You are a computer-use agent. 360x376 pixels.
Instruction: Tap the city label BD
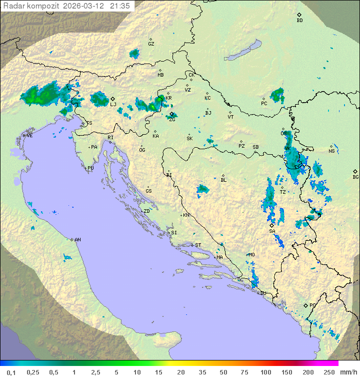pyautogui.click(x=299, y=21)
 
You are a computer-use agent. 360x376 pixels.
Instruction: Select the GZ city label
pyautogui.click(x=151, y=44)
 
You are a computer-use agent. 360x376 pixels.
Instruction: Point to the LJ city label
pyautogui.click(x=113, y=104)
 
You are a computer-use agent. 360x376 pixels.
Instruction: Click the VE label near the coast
pyautogui.click(x=29, y=136)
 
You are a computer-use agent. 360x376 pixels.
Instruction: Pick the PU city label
pyautogui.click(x=90, y=168)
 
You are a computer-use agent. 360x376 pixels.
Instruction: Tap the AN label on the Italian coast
pyautogui.click(x=77, y=240)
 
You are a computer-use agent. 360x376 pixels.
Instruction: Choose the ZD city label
pyautogui.click(x=146, y=211)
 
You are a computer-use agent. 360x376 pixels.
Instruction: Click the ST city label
pyautogui.click(x=198, y=245)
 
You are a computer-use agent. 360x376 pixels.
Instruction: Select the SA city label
pyautogui.click(x=272, y=231)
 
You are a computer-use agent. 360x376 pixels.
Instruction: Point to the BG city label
pyautogui.click(x=355, y=177)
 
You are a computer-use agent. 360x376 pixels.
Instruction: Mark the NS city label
pyautogui.click(x=331, y=151)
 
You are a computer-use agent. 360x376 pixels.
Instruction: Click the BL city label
pyautogui.click(x=223, y=180)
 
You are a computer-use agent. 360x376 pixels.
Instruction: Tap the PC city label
pyautogui.click(x=264, y=104)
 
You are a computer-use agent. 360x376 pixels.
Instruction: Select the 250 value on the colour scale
pyautogui.click(x=329, y=372)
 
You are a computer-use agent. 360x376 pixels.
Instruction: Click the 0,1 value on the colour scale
pyautogui.click(x=11, y=372)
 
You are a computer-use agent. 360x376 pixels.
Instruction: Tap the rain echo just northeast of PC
pyautogui.click(x=277, y=94)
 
